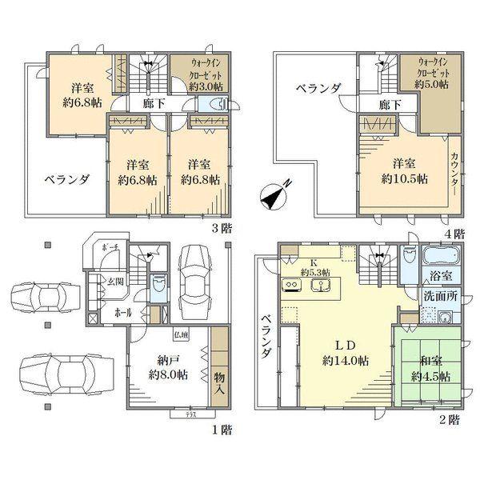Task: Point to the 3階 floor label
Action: tap(221, 226)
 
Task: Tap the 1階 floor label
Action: tap(221, 430)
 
